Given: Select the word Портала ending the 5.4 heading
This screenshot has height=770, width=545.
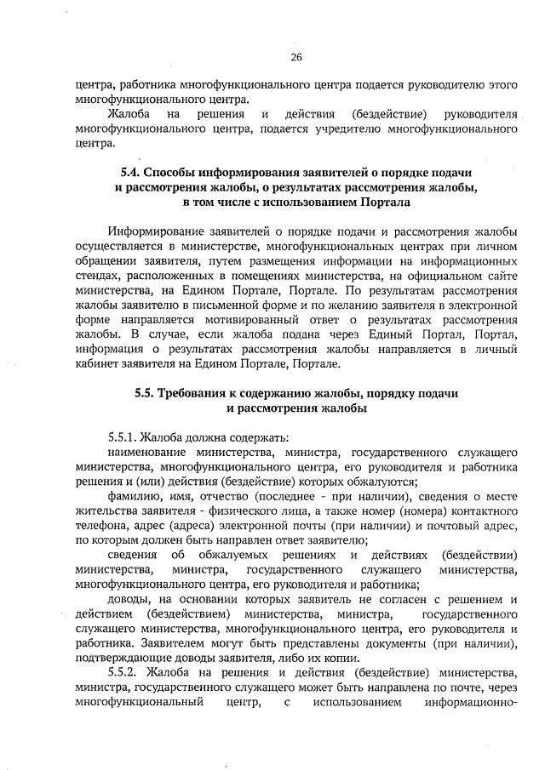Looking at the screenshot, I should (x=381, y=203).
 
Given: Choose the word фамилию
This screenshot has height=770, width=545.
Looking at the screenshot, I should (x=134, y=496).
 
